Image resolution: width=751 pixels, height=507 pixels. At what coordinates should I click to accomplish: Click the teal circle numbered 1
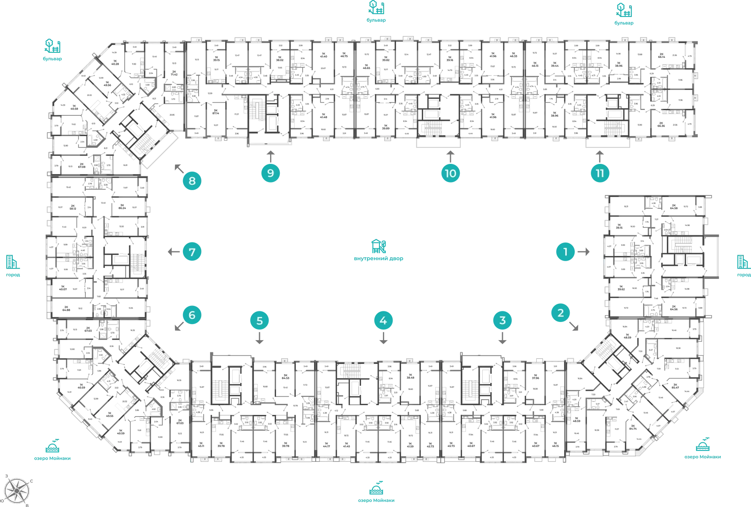pos(565,252)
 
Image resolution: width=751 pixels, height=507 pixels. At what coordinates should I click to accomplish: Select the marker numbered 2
pos(560,313)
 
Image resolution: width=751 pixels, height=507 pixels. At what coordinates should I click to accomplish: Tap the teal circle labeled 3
pos(502,320)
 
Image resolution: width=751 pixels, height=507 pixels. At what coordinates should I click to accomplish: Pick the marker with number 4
pos(383,320)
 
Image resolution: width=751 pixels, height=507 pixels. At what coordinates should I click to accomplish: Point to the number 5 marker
pos(259,321)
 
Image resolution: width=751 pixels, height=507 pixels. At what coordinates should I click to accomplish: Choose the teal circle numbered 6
pos(192,315)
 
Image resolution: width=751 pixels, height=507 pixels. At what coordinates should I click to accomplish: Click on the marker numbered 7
pos(192,252)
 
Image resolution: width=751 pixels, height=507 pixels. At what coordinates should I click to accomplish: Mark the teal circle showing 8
pos(192,181)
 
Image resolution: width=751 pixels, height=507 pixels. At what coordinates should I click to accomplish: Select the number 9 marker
pos(270,173)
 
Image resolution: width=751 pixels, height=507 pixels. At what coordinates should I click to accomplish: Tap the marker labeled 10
pos(450,173)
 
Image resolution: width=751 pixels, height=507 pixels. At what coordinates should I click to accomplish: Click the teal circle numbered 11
pos(599,173)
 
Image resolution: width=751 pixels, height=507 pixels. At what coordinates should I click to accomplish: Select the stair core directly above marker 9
pos(268,116)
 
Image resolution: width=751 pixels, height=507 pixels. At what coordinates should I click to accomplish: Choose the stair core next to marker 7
pos(123,258)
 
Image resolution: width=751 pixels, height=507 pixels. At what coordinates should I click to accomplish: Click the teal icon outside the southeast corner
pos(702,448)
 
